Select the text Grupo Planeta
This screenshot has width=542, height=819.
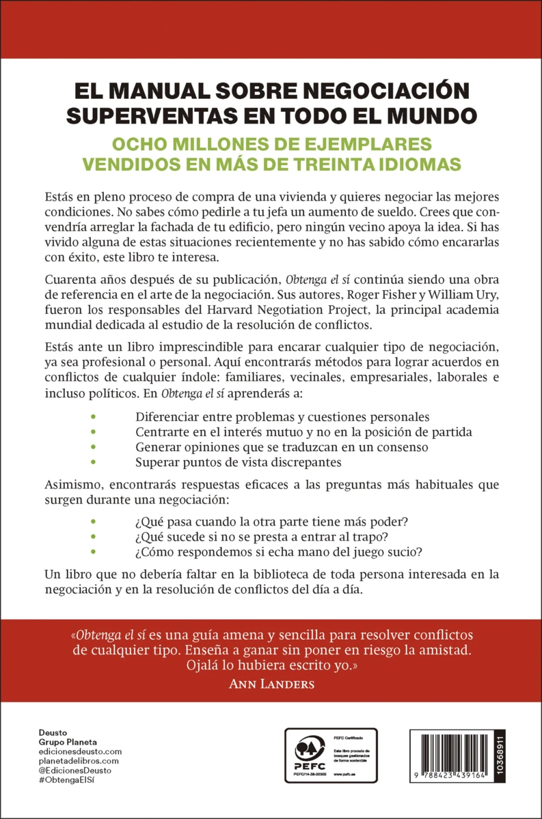pos(68,742)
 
